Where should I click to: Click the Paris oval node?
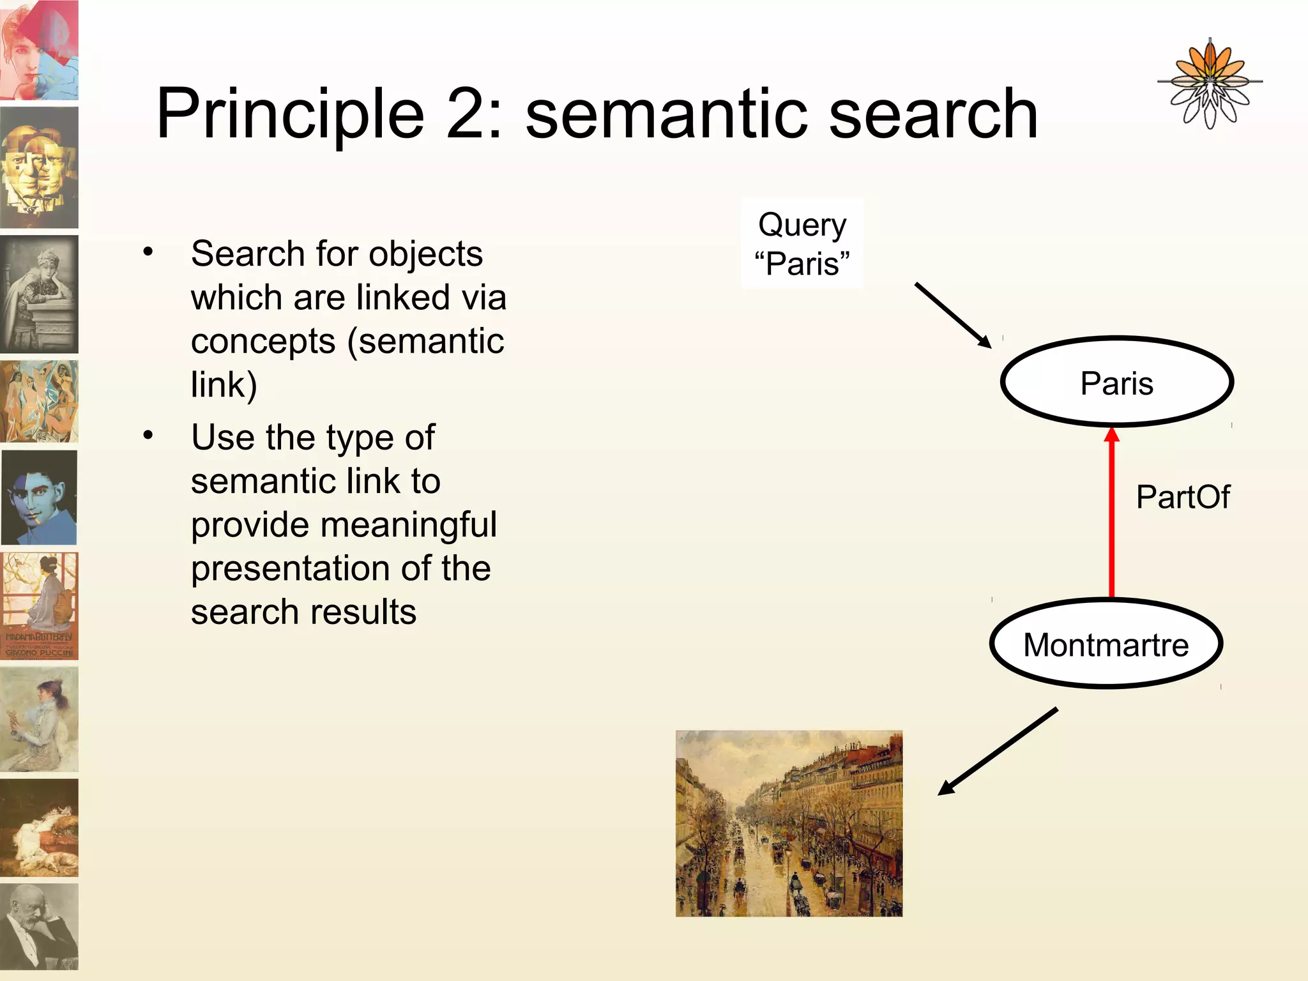pos(1116,382)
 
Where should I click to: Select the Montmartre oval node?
pos(1106,644)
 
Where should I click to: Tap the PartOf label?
pos(1182,497)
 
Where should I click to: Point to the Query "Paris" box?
pos(802,243)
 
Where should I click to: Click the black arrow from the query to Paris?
pos(953,316)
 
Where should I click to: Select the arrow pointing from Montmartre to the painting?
pos(998,751)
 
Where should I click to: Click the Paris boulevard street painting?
pos(789,823)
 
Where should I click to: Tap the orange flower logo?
pos(1209,83)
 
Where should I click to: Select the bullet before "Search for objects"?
pos(148,252)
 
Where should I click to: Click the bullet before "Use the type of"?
pos(148,436)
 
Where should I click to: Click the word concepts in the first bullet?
pos(263,341)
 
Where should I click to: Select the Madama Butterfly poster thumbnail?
pos(40,605)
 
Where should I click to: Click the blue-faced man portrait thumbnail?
pos(40,497)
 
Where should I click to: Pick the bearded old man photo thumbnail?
pos(40,926)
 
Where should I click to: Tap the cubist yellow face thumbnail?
pos(40,167)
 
